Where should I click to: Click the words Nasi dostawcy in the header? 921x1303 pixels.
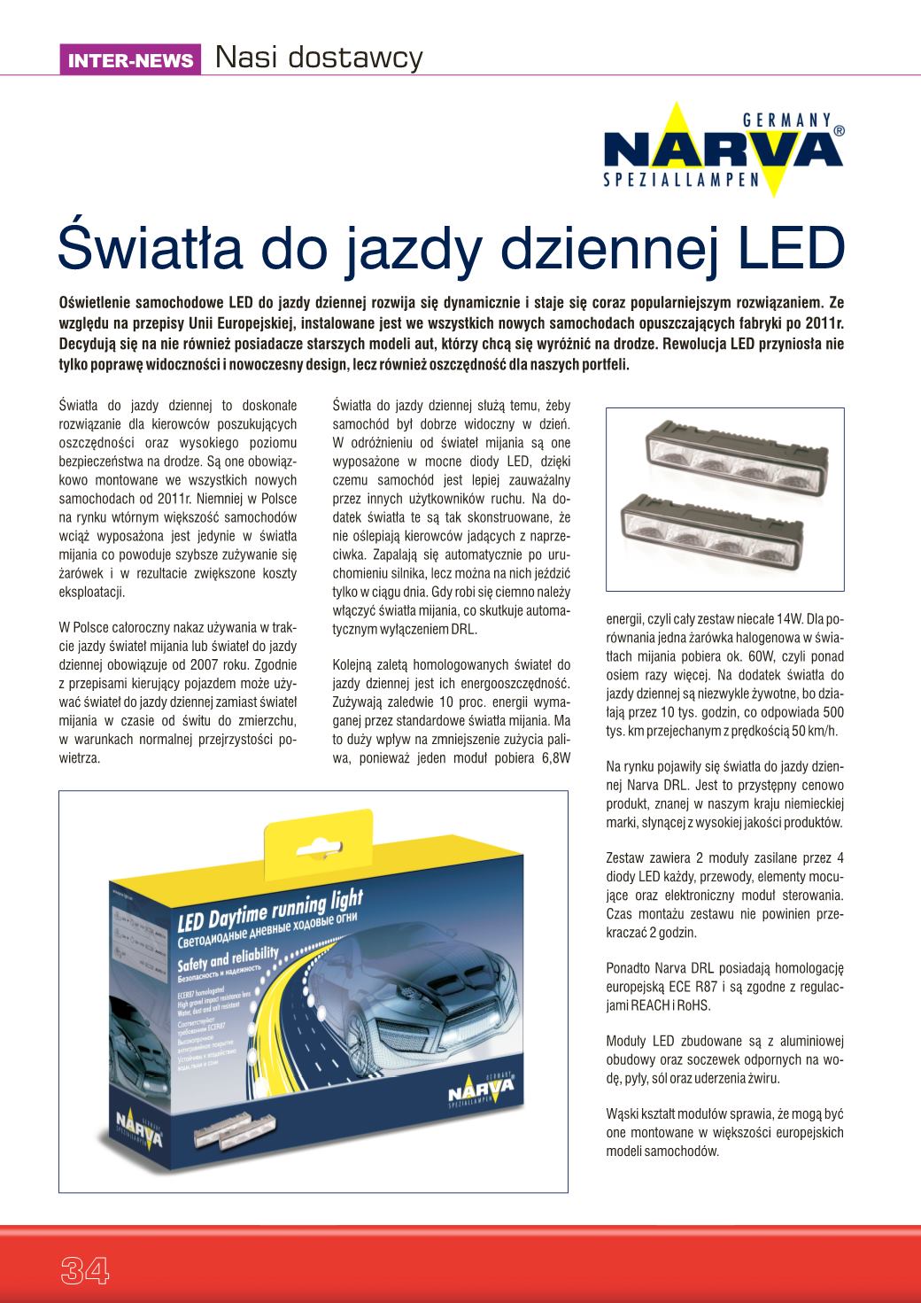click(319, 58)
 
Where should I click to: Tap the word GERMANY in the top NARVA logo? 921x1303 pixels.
click(786, 118)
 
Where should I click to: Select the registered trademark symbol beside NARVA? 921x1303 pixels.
click(839, 130)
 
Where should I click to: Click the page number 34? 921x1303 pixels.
click(85, 1270)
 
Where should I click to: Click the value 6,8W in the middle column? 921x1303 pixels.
click(550, 757)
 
